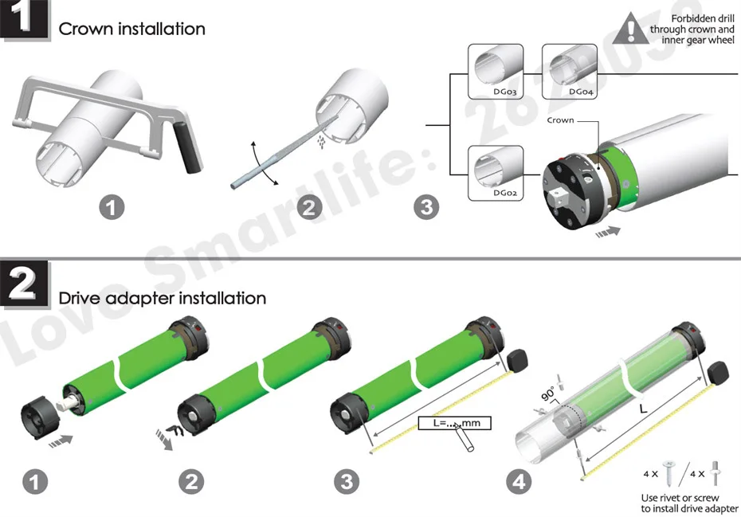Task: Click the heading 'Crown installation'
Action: (x=132, y=29)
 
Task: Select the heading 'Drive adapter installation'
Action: (x=163, y=299)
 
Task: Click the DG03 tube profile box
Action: (x=496, y=72)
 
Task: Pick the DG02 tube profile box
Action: (x=496, y=171)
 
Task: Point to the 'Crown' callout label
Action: (x=561, y=120)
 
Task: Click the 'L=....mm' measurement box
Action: (x=452, y=423)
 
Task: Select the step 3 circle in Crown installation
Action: (x=427, y=208)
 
